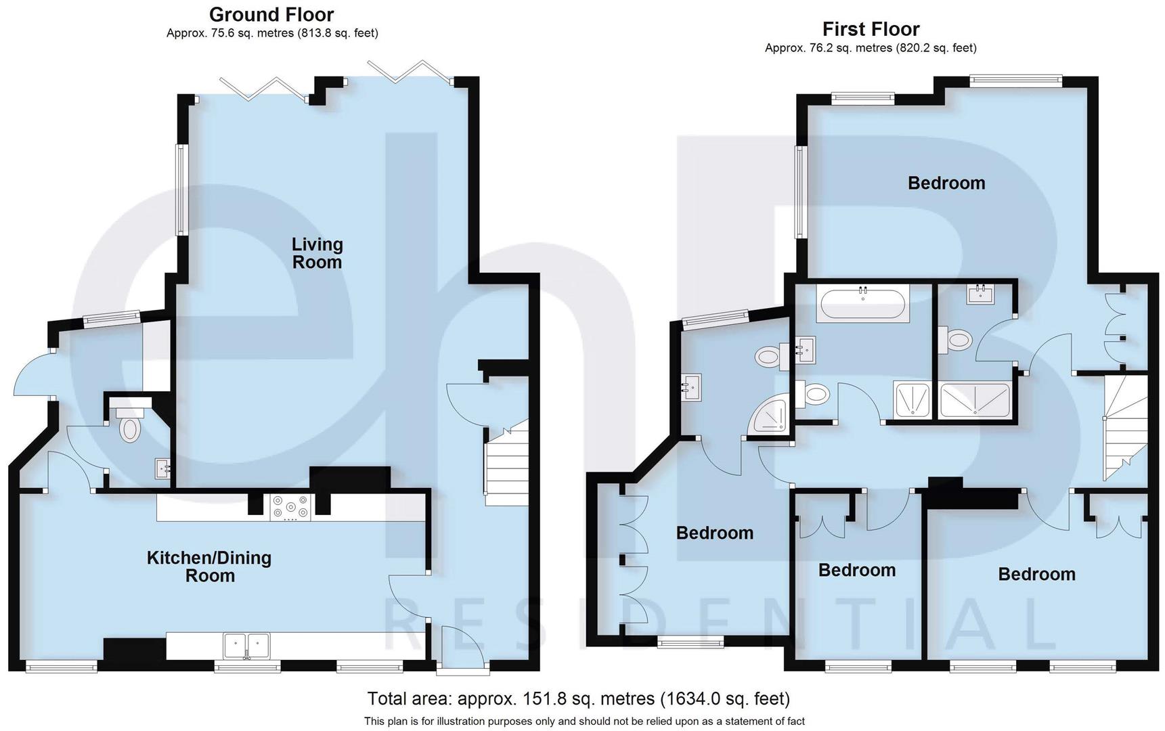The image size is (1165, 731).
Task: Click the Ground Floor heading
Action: (x=271, y=14)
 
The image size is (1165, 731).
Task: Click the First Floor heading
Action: (x=871, y=29)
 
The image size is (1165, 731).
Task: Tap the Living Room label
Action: (x=317, y=253)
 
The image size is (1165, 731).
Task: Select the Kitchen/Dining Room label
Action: (x=209, y=567)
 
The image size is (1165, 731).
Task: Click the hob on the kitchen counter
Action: (x=290, y=508)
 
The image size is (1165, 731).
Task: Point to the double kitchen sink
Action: (x=246, y=644)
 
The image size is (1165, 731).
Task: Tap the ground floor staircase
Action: (x=506, y=464)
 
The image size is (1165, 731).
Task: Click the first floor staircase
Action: (x=1125, y=428)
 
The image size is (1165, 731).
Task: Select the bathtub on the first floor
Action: (x=862, y=304)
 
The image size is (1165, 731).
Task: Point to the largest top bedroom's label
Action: (x=946, y=183)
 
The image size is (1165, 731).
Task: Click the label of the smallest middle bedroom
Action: (x=856, y=570)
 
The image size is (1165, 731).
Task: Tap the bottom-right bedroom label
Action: (x=1036, y=574)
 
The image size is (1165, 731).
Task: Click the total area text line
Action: (x=578, y=698)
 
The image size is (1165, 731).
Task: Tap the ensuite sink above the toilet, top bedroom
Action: (x=980, y=294)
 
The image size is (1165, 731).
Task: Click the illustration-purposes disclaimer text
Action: (x=584, y=721)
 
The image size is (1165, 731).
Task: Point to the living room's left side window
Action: (x=182, y=190)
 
